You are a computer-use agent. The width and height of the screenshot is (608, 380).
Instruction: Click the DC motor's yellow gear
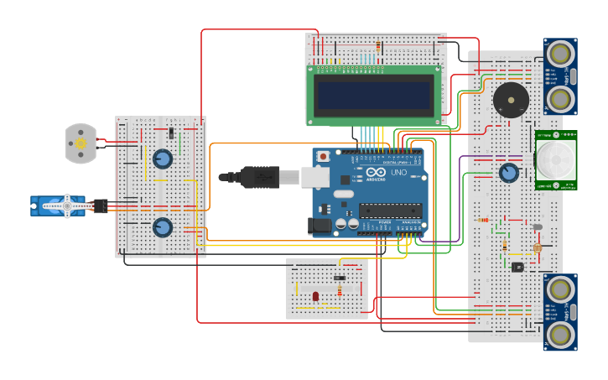[81, 143]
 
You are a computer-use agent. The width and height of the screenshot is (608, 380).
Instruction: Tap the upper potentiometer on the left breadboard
[163, 159]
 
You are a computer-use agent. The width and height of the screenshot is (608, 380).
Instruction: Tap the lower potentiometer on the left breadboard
[163, 227]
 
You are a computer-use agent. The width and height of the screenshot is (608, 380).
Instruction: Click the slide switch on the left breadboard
[171, 133]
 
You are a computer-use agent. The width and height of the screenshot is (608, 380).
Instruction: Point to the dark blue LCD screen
[375, 94]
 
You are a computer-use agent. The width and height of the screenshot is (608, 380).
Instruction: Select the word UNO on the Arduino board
[398, 173]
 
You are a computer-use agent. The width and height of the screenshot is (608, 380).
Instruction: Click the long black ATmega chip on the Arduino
[390, 211]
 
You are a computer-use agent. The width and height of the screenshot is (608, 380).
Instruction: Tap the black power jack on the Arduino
[320, 225]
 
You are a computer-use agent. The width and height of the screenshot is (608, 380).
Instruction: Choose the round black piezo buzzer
[510, 100]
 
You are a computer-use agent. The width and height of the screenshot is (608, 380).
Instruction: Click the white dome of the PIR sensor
[556, 159]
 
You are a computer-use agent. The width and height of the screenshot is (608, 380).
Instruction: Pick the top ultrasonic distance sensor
[559, 76]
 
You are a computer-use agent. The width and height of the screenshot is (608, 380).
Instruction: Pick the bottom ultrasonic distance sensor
[559, 312]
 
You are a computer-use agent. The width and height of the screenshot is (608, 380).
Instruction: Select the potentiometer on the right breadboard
[508, 173]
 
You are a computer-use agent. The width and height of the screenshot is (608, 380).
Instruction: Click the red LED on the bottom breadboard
[315, 296]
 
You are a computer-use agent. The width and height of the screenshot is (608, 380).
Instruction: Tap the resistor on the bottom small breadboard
[340, 291]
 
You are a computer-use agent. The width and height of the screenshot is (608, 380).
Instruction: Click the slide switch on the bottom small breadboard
[339, 278]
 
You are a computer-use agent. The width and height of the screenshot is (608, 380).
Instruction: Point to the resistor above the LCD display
[379, 45]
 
